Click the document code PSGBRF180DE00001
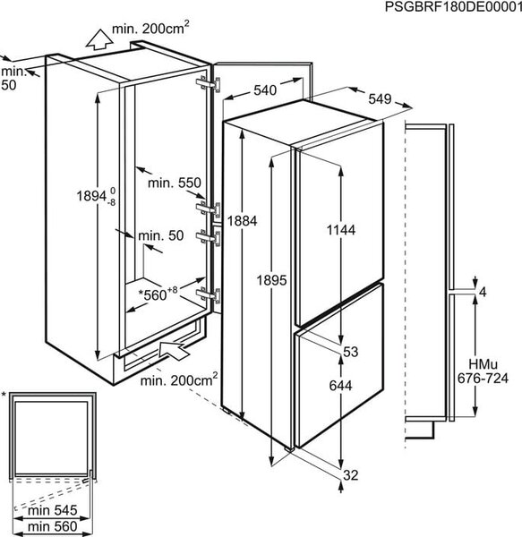[x=453, y=6]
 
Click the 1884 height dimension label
[x=242, y=221]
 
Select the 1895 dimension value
[x=271, y=280]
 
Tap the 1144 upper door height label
[x=341, y=230]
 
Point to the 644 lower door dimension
[x=340, y=386]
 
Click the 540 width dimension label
[x=265, y=90]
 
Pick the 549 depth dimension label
[x=380, y=99]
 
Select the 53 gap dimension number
[x=350, y=352]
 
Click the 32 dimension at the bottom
[x=350, y=475]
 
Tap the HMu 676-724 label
[x=483, y=371]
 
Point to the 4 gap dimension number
[x=483, y=292]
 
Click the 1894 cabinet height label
[x=96, y=197]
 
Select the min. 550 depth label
[x=175, y=183]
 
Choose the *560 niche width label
[x=158, y=294]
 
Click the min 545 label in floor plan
[x=53, y=511]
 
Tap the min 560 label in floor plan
[x=53, y=526]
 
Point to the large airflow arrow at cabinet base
[x=174, y=350]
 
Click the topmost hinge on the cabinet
[x=209, y=83]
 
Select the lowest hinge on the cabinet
[x=209, y=294]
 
